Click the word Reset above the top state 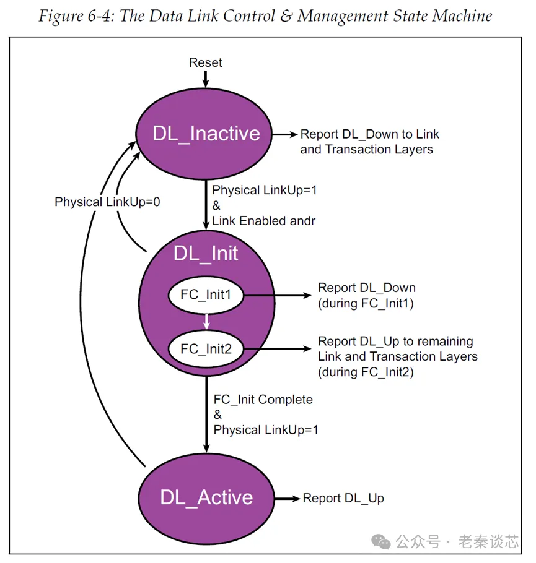pyautogui.click(x=206, y=62)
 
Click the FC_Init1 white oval pyautogui.click(x=206, y=296)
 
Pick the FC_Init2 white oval pyautogui.click(x=206, y=349)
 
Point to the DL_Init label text pyautogui.click(x=206, y=254)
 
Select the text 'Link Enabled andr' pyautogui.click(x=264, y=221)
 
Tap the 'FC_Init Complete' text pyautogui.click(x=263, y=400)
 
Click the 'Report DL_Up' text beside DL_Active pyautogui.click(x=343, y=498)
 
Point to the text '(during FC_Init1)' pyautogui.click(x=366, y=303)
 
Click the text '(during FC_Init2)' pyautogui.click(x=366, y=372)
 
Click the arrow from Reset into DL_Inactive pyautogui.click(x=206, y=79)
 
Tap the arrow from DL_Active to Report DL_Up pyautogui.click(x=288, y=498)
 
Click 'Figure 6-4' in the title pyautogui.click(x=74, y=16)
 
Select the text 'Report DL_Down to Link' pyautogui.click(x=370, y=134)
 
